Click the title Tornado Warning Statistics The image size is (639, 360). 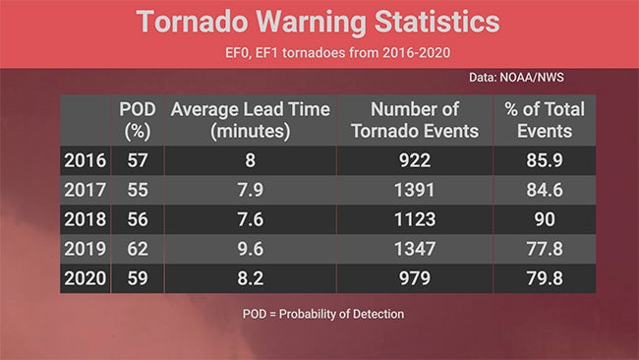(x=318, y=23)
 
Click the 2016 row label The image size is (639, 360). (x=84, y=159)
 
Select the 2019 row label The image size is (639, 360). (x=84, y=250)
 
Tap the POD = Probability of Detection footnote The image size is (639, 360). (x=322, y=314)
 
